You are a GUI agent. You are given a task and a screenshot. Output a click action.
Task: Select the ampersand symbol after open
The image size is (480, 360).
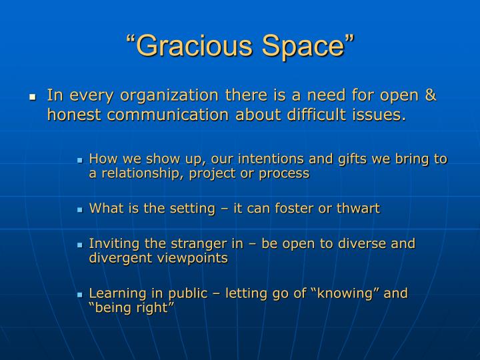pyautogui.click(x=430, y=95)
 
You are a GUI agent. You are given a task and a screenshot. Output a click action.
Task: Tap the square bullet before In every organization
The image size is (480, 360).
pyautogui.click(x=31, y=97)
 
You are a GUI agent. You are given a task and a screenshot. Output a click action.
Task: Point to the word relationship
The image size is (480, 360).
pyautogui.click(x=138, y=173)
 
